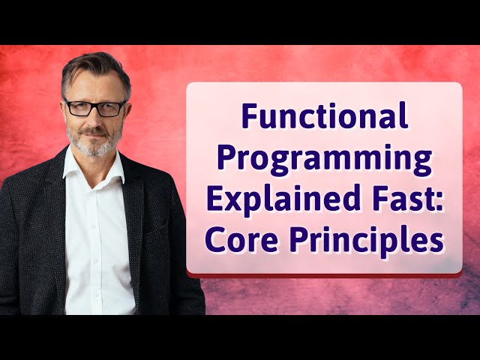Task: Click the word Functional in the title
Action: [x=324, y=118]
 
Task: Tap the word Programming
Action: [x=324, y=160]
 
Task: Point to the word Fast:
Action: [x=405, y=200]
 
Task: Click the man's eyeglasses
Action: [x=94, y=107]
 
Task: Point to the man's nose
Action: [x=95, y=120]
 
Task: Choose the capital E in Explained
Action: [x=217, y=200]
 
